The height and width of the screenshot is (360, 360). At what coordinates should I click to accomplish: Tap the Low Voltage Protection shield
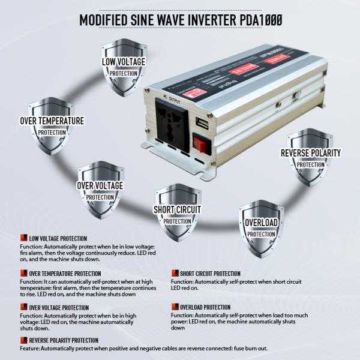(124, 67)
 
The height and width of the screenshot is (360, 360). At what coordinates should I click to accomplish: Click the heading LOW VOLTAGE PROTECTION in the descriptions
(58, 238)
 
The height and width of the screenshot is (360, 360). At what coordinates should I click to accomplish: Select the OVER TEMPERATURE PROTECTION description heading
(65, 274)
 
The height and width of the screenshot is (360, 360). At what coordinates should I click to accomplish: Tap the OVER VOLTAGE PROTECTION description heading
(59, 308)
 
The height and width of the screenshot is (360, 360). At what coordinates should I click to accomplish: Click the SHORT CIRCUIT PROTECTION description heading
(210, 274)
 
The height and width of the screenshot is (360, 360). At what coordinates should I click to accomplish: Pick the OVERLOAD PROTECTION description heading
(205, 307)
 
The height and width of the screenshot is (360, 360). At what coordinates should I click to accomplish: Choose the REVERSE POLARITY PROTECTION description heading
(64, 341)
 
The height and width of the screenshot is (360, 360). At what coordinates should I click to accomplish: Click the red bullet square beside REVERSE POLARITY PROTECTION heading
(23, 340)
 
